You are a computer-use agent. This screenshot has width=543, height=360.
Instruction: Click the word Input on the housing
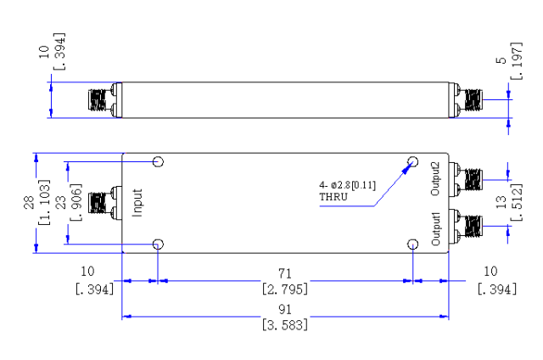[137, 203]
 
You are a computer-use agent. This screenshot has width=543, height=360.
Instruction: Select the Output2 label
[435, 178]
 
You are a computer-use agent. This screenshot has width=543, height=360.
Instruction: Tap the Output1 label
[435, 229]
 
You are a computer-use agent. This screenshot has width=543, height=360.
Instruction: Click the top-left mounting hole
[158, 162]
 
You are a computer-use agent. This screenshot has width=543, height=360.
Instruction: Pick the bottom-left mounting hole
[158, 245]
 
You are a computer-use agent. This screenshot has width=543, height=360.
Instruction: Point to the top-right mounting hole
[413, 162]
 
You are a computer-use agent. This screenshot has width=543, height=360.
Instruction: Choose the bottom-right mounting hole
[413, 245]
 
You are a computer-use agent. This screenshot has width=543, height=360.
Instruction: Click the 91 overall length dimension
[285, 309]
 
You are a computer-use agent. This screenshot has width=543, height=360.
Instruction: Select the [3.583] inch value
[285, 325]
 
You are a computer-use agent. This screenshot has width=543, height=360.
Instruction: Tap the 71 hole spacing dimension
[285, 273]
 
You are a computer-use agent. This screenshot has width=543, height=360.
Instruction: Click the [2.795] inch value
[285, 289]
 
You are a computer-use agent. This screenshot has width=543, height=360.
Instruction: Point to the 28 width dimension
[30, 203]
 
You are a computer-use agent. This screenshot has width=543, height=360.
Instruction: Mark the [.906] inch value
[76, 202]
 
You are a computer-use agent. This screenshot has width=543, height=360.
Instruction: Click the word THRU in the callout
[333, 197]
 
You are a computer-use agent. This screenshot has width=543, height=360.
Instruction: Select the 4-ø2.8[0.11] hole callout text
[347, 185]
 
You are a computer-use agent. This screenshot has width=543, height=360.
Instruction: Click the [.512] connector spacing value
[517, 202]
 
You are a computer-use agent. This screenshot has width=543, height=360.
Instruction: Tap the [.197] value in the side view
[517, 61]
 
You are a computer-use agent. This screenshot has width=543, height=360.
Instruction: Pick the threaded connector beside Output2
[466, 179]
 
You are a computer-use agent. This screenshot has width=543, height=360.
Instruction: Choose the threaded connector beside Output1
[466, 226]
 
